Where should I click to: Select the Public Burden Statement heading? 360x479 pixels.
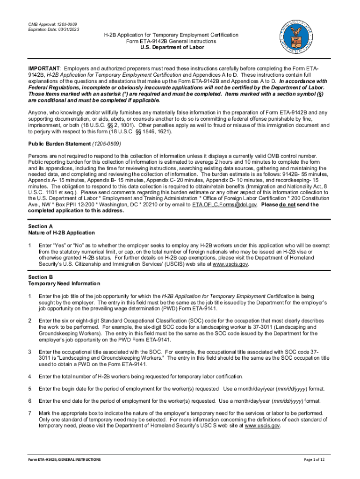(x=59, y=144)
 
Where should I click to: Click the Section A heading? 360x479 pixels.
(x=41, y=226)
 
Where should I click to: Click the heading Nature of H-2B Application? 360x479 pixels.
(x=62, y=232)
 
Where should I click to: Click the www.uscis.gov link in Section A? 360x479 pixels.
(x=230, y=264)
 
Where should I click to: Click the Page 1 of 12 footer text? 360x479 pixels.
(x=317, y=460)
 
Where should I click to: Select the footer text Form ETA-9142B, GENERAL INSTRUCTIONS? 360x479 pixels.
(x=64, y=460)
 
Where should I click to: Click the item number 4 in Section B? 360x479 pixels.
(x=30, y=376)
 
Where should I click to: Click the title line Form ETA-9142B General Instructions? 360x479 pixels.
(x=171, y=41)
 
